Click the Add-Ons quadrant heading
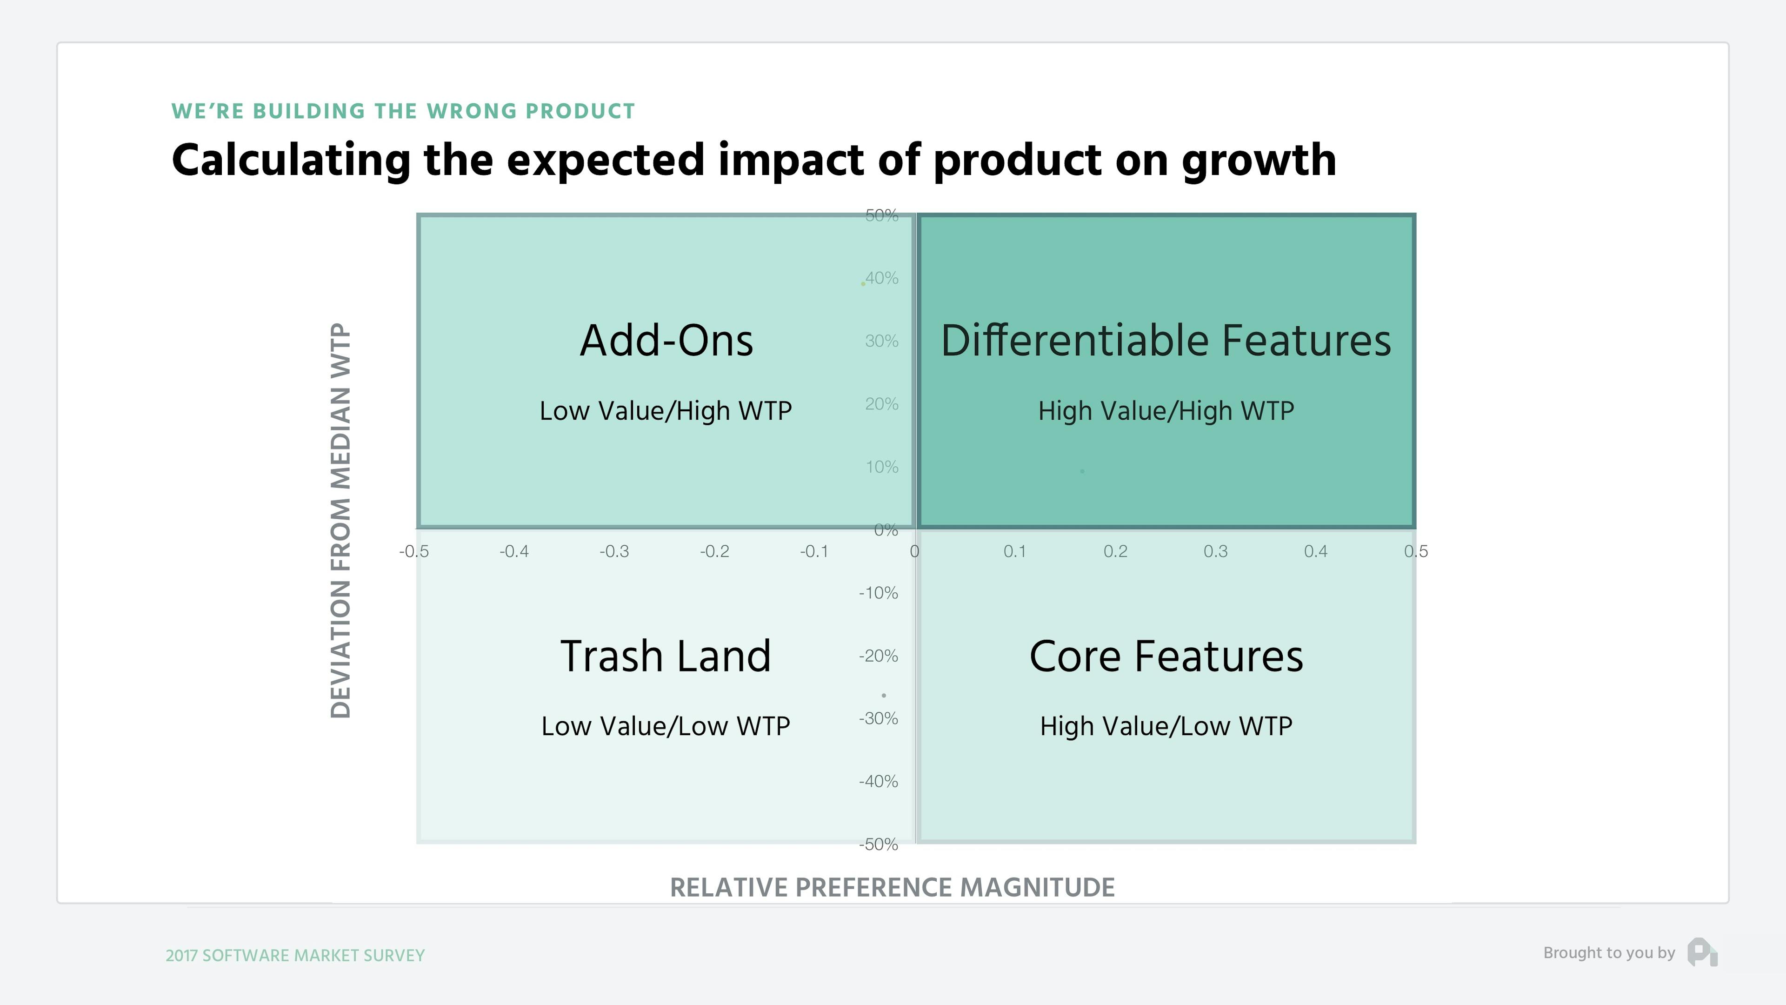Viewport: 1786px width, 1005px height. click(x=666, y=341)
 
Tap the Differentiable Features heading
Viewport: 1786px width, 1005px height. click(x=1166, y=341)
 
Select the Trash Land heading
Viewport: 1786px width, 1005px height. click(x=666, y=656)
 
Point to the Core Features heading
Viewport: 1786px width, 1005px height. click(x=1166, y=656)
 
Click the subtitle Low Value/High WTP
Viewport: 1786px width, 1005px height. click(x=666, y=410)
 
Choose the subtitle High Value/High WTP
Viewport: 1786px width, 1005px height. click(x=1166, y=410)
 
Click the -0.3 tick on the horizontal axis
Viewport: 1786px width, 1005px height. click(x=614, y=551)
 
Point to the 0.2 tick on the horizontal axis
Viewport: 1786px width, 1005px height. click(x=1115, y=551)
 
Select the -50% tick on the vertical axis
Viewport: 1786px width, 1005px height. click(x=879, y=844)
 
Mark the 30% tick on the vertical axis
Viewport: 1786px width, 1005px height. click(x=881, y=341)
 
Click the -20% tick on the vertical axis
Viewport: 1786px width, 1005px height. click(x=879, y=656)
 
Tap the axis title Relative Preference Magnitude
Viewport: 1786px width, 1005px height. click(x=893, y=887)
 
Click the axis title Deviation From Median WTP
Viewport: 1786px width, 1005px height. click(x=340, y=520)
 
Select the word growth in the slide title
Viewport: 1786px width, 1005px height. click(x=1259, y=161)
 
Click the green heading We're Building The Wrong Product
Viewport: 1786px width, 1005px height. click(x=403, y=111)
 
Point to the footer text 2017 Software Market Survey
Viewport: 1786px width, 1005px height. click(x=295, y=955)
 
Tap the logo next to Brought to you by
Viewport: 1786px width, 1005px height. click(x=1702, y=952)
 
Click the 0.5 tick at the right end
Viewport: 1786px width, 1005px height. click(x=1416, y=551)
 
